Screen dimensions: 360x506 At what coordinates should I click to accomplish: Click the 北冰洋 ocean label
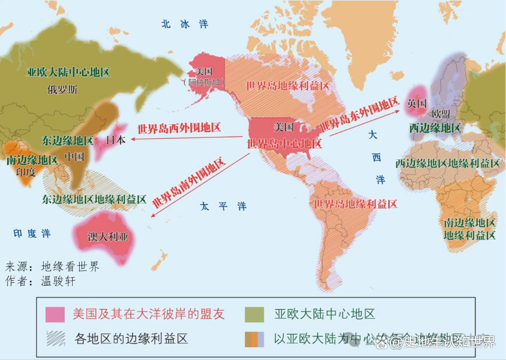tap(185, 24)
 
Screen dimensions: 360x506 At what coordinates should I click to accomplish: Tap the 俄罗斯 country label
tap(62, 90)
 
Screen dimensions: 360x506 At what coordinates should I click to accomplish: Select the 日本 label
tap(116, 140)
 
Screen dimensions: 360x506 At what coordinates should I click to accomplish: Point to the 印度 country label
tap(26, 172)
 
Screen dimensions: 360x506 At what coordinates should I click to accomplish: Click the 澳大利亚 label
tap(108, 237)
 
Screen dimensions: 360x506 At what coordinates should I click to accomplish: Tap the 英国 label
tap(417, 103)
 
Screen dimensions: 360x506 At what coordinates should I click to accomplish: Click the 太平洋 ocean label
tap(223, 206)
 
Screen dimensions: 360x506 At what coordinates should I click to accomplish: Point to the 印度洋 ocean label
tap(32, 233)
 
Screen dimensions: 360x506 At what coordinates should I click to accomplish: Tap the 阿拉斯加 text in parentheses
tap(204, 82)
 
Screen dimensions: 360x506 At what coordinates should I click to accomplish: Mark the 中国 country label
tap(74, 157)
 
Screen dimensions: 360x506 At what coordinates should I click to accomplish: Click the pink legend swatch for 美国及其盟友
tap(55, 315)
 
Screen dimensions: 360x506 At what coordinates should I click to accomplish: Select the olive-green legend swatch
tap(254, 315)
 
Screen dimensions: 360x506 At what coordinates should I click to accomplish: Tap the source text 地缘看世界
tap(70, 267)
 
